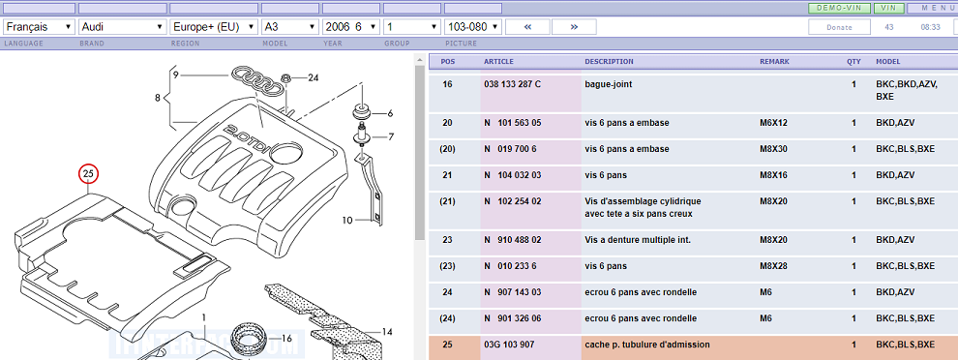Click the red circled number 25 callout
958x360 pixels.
pos(88,174)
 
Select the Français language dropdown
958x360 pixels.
pos(39,27)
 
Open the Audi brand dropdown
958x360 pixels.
pos(123,27)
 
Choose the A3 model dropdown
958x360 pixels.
pos(290,27)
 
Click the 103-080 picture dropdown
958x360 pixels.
pos(473,27)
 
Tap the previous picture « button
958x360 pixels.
pos(528,27)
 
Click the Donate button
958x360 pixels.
pos(839,27)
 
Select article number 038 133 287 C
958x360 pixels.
pos(512,84)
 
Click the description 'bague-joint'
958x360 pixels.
pos(609,84)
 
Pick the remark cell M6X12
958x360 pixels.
pos(773,123)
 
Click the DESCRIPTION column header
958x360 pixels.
pos(609,62)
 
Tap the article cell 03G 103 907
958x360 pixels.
pos(509,345)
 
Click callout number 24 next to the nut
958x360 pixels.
pos(313,77)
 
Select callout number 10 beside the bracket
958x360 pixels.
pos(347,220)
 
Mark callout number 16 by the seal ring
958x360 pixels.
pos(287,338)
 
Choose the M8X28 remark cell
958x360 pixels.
pos(773,266)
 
